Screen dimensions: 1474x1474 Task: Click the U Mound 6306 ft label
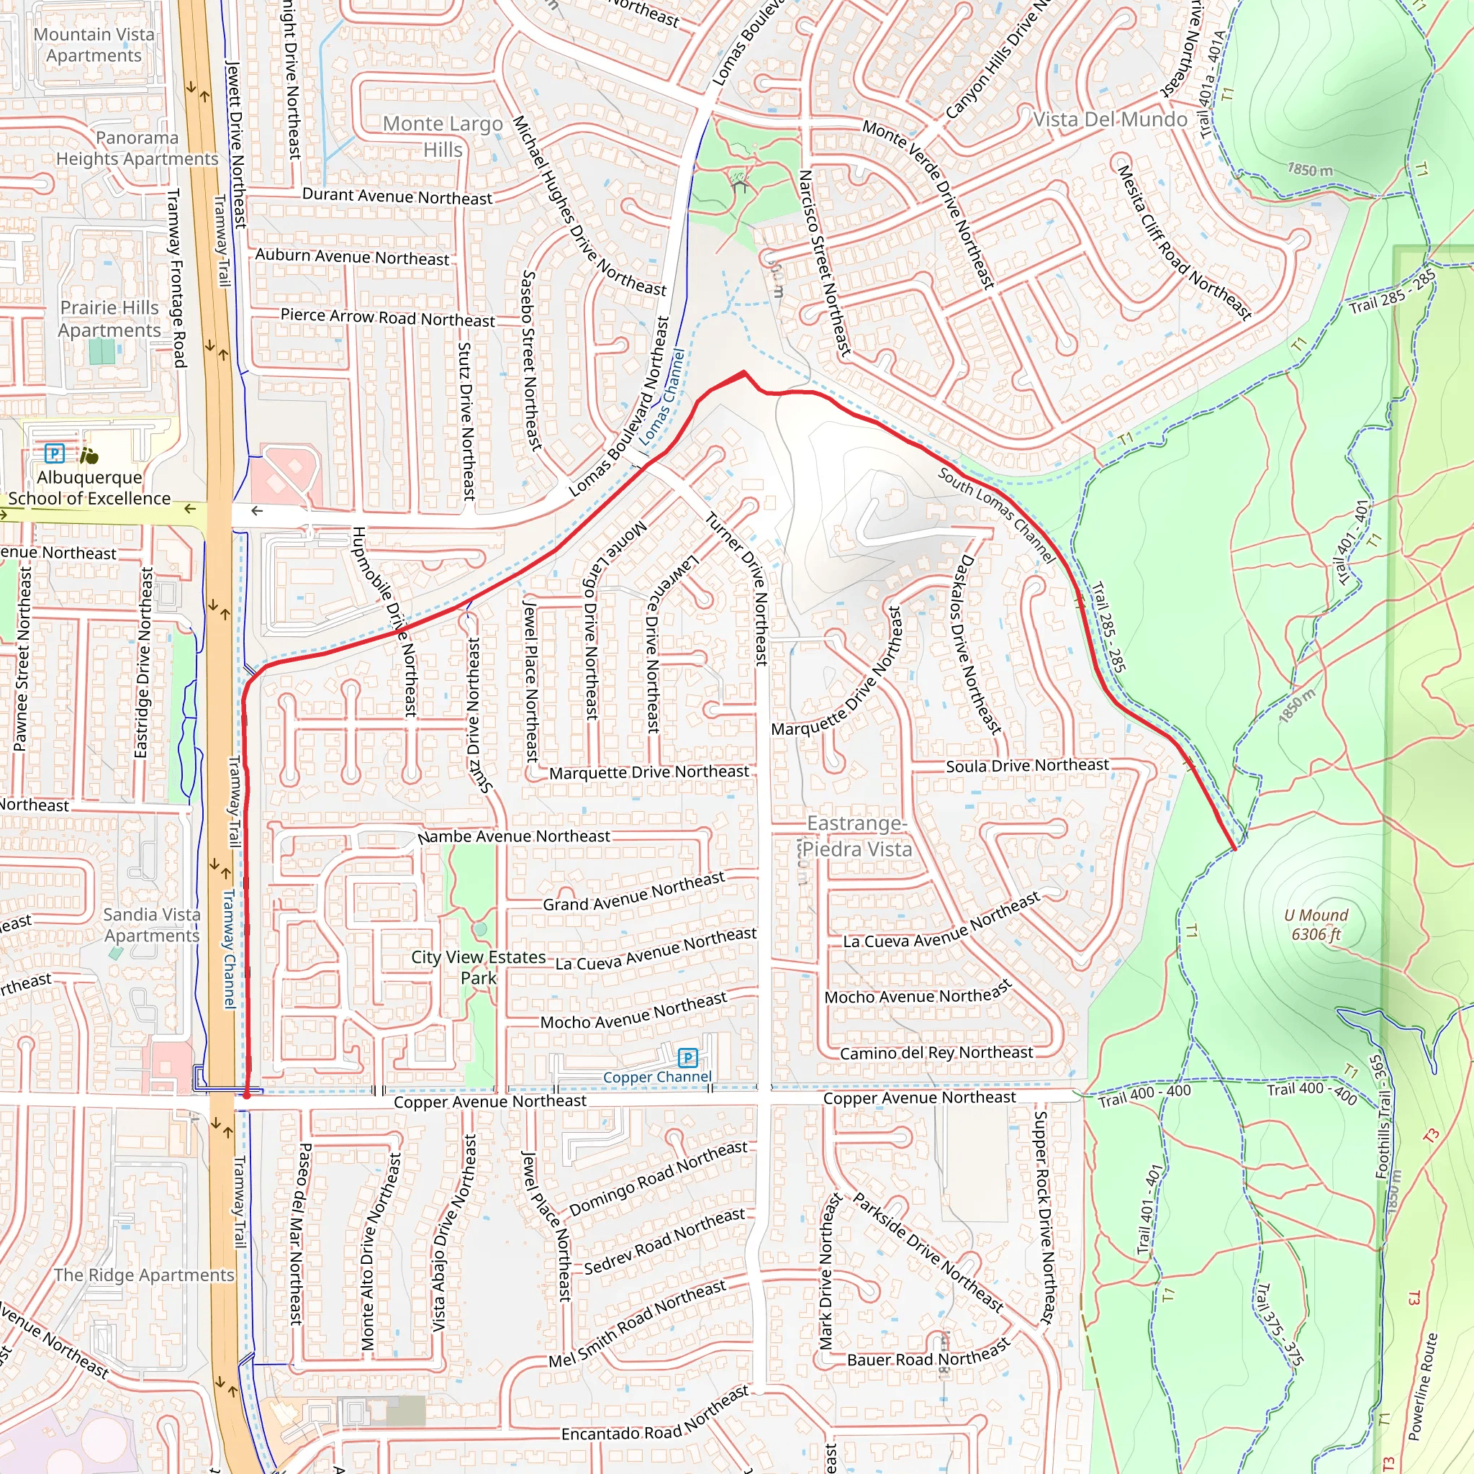(x=1316, y=925)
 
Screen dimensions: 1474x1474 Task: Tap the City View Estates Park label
(x=479, y=967)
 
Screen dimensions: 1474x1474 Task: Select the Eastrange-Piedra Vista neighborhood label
(x=856, y=836)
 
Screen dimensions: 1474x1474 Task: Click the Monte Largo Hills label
(x=443, y=136)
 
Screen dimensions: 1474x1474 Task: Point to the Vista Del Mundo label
(x=1110, y=119)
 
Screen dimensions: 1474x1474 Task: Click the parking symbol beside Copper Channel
(x=687, y=1057)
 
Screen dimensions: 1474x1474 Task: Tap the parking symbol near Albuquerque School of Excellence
(x=54, y=454)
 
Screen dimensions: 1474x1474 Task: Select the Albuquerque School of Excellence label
(x=89, y=487)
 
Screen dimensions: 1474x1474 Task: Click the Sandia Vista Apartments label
(x=152, y=925)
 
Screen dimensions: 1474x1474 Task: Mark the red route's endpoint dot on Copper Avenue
(x=246, y=1095)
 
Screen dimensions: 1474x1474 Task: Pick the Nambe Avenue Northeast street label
(x=513, y=837)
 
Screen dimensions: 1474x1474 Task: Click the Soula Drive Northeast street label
(x=1027, y=765)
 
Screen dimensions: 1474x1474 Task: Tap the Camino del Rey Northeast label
(x=936, y=1053)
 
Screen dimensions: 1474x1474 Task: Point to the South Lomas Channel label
(x=996, y=515)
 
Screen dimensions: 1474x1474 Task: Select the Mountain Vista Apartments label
(x=94, y=45)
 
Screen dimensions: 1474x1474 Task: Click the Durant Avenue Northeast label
(x=397, y=196)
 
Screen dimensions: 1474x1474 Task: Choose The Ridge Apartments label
(x=143, y=1275)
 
